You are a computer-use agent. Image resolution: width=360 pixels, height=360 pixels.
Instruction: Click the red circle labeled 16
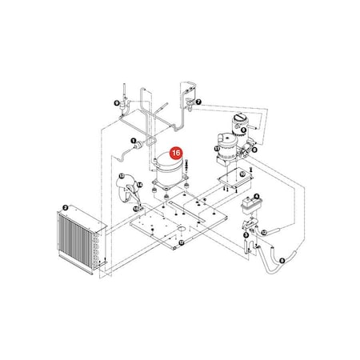point(177,149)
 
